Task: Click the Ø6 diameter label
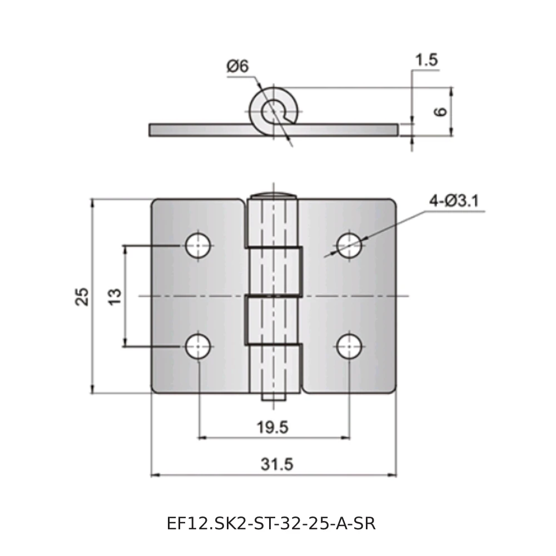tap(237, 66)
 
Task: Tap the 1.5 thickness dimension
tap(426, 60)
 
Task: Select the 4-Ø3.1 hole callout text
tap(454, 201)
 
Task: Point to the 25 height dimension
tap(82, 296)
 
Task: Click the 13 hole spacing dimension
tap(115, 297)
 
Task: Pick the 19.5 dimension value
tap(272, 427)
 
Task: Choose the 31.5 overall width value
tap(277, 464)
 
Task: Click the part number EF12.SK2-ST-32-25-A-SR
tap(271, 523)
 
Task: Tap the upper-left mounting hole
tap(198, 245)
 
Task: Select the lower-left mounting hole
tap(198, 346)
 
